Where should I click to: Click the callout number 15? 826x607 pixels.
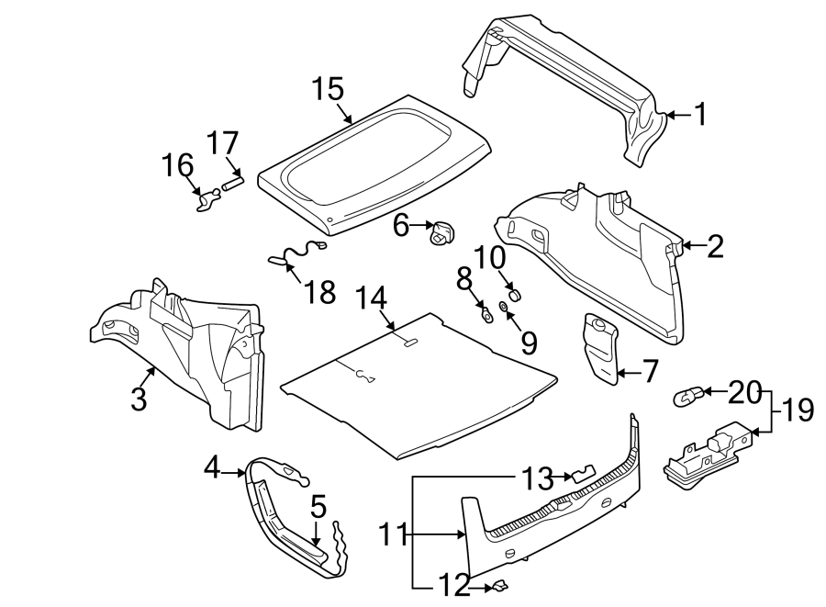[327, 89]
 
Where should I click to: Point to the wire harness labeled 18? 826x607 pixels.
[297, 253]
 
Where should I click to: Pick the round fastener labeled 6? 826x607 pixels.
[442, 235]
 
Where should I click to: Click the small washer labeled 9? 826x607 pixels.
[504, 306]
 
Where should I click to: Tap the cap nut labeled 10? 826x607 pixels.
[515, 293]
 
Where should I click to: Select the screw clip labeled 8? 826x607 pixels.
[486, 315]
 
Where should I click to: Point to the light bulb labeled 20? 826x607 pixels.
[687, 397]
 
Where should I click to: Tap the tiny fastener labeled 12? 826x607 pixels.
[499, 585]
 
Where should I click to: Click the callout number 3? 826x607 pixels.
[139, 400]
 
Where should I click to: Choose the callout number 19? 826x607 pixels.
[798, 410]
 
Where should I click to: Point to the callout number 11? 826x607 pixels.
[395, 533]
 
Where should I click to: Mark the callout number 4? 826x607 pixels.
[212, 468]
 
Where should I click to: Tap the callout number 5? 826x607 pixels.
[318, 507]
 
